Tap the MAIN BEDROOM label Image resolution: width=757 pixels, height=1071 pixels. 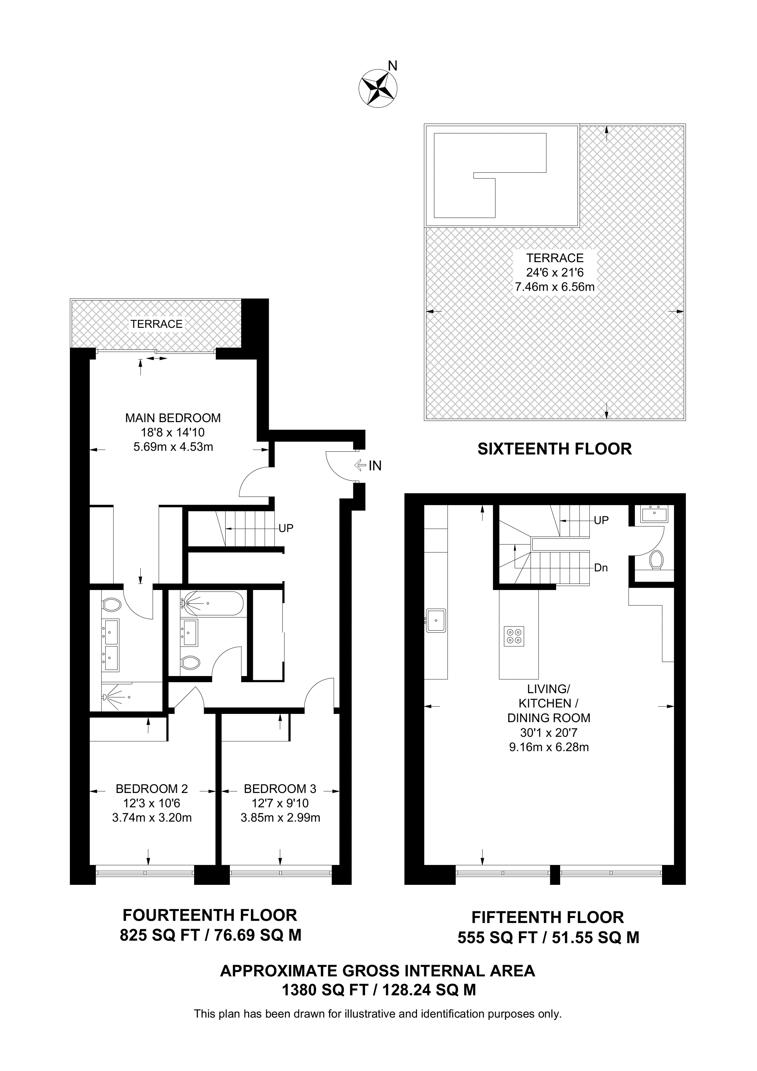point(173,418)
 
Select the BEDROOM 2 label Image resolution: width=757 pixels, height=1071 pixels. point(152,789)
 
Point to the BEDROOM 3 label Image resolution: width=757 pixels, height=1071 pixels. point(280,789)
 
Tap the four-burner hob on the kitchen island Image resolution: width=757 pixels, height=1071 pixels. point(514,636)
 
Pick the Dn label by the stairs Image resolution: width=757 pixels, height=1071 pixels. point(601,568)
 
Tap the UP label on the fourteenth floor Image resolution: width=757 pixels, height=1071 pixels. point(286,528)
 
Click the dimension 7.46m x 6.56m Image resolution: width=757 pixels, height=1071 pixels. point(555,287)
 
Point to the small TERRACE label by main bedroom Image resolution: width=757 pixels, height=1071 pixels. point(156,324)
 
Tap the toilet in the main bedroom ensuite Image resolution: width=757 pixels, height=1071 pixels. point(111,606)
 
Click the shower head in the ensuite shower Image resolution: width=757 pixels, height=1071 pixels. point(105,697)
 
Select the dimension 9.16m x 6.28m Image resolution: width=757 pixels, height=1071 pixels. point(548,747)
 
